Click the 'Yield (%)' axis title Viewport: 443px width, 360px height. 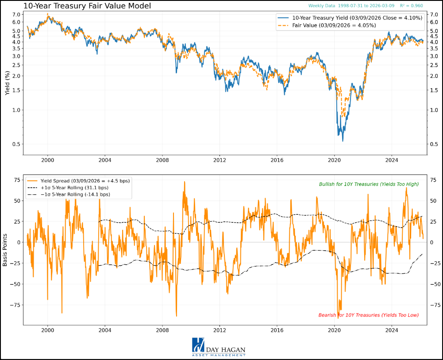tap(7, 84)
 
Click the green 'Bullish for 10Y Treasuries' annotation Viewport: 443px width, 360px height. tap(369, 184)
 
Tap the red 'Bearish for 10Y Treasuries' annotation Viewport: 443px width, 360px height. tap(368, 315)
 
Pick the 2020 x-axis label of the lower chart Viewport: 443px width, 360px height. tap(334, 330)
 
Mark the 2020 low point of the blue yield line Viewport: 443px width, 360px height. tap(343, 141)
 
